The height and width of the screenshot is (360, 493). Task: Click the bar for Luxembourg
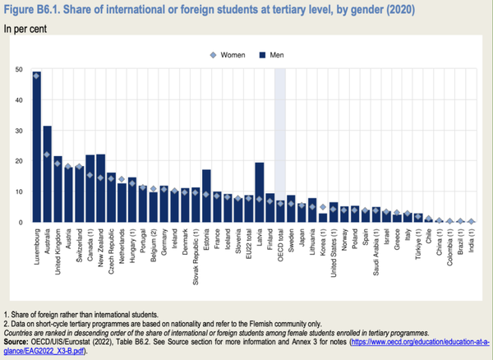[37, 148]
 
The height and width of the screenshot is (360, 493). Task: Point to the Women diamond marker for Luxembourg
[37, 76]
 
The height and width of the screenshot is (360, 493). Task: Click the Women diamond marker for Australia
[48, 155]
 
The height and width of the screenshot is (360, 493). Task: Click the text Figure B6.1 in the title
[35, 11]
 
